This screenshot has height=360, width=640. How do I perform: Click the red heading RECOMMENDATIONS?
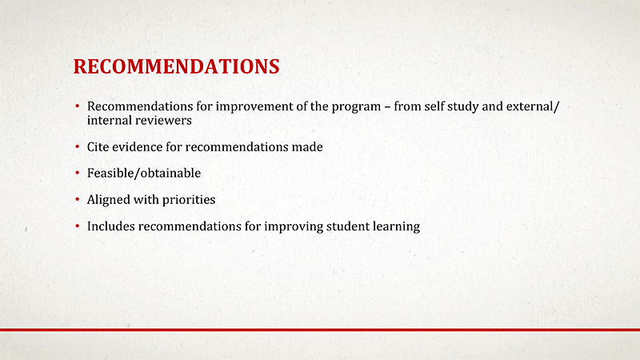[176, 66]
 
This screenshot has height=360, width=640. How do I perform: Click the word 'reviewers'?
[166, 120]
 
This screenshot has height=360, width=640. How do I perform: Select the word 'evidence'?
[138, 148]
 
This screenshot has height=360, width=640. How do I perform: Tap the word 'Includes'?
[111, 226]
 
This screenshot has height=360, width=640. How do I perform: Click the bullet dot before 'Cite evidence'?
[77, 149]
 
